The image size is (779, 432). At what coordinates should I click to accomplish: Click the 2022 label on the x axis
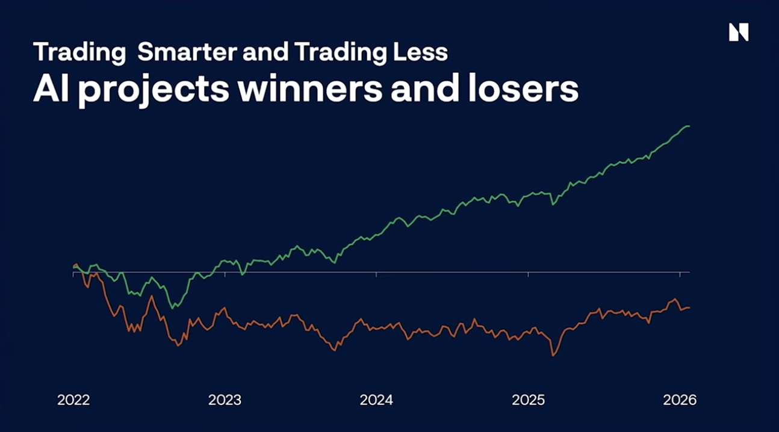(x=73, y=400)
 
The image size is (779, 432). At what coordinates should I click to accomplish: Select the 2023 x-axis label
(x=225, y=400)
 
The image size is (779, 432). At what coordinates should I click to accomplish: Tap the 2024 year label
(x=376, y=400)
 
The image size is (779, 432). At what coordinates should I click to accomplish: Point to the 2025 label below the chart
(x=528, y=400)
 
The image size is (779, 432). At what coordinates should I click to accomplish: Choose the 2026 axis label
(x=680, y=400)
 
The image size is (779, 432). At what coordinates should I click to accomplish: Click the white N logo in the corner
(x=739, y=32)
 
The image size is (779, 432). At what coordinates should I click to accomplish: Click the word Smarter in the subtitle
(x=187, y=52)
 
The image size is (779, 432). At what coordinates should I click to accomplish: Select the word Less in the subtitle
(x=426, y=52)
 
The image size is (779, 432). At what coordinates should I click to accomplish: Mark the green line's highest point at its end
(x=688, y=126)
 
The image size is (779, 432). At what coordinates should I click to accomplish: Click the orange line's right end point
(x=689, y=307)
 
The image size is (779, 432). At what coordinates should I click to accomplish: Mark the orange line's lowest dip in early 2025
(x=553, y=356)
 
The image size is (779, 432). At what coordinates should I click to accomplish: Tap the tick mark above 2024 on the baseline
(x=377, y=274)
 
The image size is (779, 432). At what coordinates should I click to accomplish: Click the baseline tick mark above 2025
(x=529, y=274)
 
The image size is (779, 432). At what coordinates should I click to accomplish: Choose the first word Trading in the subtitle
(x=79, y=52)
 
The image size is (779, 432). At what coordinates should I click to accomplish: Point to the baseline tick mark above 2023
(x=225, y=274)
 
